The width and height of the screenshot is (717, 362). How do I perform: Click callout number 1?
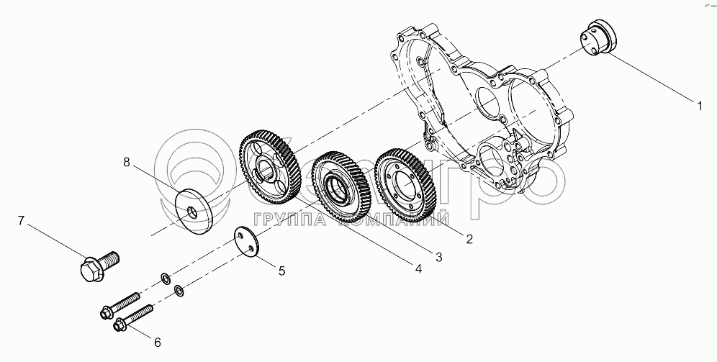(698, 106)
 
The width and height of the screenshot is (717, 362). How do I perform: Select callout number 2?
(469, 239)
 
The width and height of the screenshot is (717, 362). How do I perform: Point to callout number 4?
(418, 268)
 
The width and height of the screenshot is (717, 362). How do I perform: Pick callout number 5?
(282, 271)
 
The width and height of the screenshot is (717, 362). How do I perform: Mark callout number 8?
(127, 163)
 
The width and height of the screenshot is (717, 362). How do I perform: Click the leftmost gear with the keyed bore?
(269, 167)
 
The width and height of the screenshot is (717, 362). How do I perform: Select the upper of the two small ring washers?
(165, 277)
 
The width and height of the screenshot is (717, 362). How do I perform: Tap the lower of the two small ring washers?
(179, 291)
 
